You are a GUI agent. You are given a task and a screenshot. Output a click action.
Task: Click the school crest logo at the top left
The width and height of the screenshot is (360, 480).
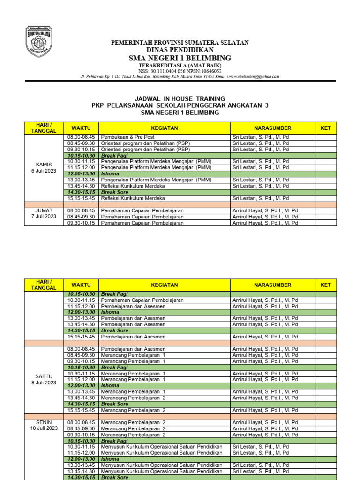(x=39, y=42)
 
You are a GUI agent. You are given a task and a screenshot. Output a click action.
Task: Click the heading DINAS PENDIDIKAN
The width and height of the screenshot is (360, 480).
(x=180, y=50)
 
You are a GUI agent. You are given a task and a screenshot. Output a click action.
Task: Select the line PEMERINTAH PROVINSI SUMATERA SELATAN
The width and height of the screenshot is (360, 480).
(x=180, y=43)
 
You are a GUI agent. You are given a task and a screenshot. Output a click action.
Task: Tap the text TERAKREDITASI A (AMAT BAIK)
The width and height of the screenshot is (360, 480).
(x=180, y=65)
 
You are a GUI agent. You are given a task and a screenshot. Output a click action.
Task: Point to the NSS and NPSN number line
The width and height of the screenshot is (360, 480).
(x=180, y=71)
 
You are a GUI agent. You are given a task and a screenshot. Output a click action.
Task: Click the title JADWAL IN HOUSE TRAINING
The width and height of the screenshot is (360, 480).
(x=180, y=99)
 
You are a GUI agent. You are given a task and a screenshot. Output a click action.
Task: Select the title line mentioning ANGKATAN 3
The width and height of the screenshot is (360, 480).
(x=180, y=106)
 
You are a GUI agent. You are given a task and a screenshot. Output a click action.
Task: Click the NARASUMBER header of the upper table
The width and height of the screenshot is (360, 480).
(x=272, y=127)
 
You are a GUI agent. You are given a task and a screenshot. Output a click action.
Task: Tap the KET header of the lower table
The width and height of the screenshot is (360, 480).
(x=325, y=285)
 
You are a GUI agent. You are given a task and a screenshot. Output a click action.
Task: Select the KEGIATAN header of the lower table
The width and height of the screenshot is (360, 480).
(x=164, y=285)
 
